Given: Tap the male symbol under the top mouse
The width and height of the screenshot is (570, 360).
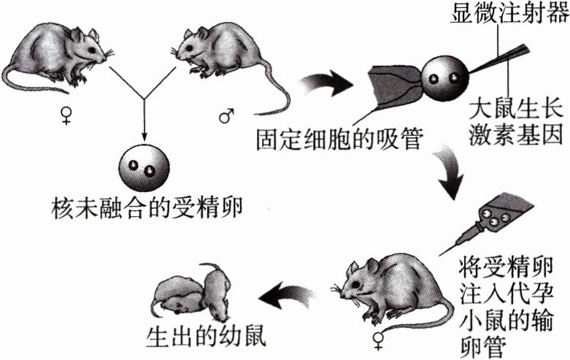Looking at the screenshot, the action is click(226, 116).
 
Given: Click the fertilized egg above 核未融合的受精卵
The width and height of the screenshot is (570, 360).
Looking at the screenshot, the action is click(144, 165).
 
